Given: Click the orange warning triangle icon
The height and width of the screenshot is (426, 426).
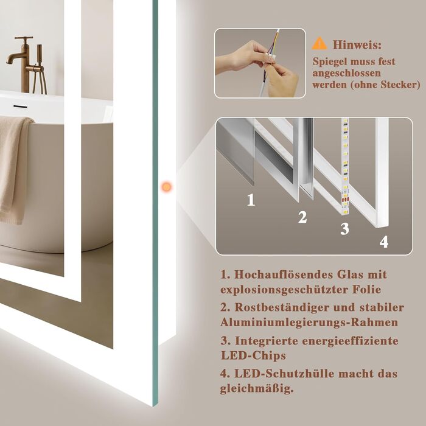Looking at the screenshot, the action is coord(319,43).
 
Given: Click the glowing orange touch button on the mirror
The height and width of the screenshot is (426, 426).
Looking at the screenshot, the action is coord(166,187).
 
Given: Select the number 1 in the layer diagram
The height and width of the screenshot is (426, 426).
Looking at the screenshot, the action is coord(251,200).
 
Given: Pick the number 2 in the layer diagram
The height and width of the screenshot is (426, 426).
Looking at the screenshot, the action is coord(302,217).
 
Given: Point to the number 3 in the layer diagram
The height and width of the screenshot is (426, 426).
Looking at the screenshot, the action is coord(344,228).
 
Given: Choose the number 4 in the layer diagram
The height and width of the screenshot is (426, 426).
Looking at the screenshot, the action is coord(383,242).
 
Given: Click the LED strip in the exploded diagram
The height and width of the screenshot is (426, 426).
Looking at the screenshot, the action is coord(345,166).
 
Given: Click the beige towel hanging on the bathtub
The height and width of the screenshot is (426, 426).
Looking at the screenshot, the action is coord(13,169).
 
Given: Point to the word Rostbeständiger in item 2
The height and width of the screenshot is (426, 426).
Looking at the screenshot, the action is coord(281,307).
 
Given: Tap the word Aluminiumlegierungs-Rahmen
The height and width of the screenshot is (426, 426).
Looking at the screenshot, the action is coord(309,323).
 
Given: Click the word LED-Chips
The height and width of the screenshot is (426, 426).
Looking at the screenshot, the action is coord(253,355).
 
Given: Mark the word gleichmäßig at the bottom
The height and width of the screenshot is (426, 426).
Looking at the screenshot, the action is coord(257,389).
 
